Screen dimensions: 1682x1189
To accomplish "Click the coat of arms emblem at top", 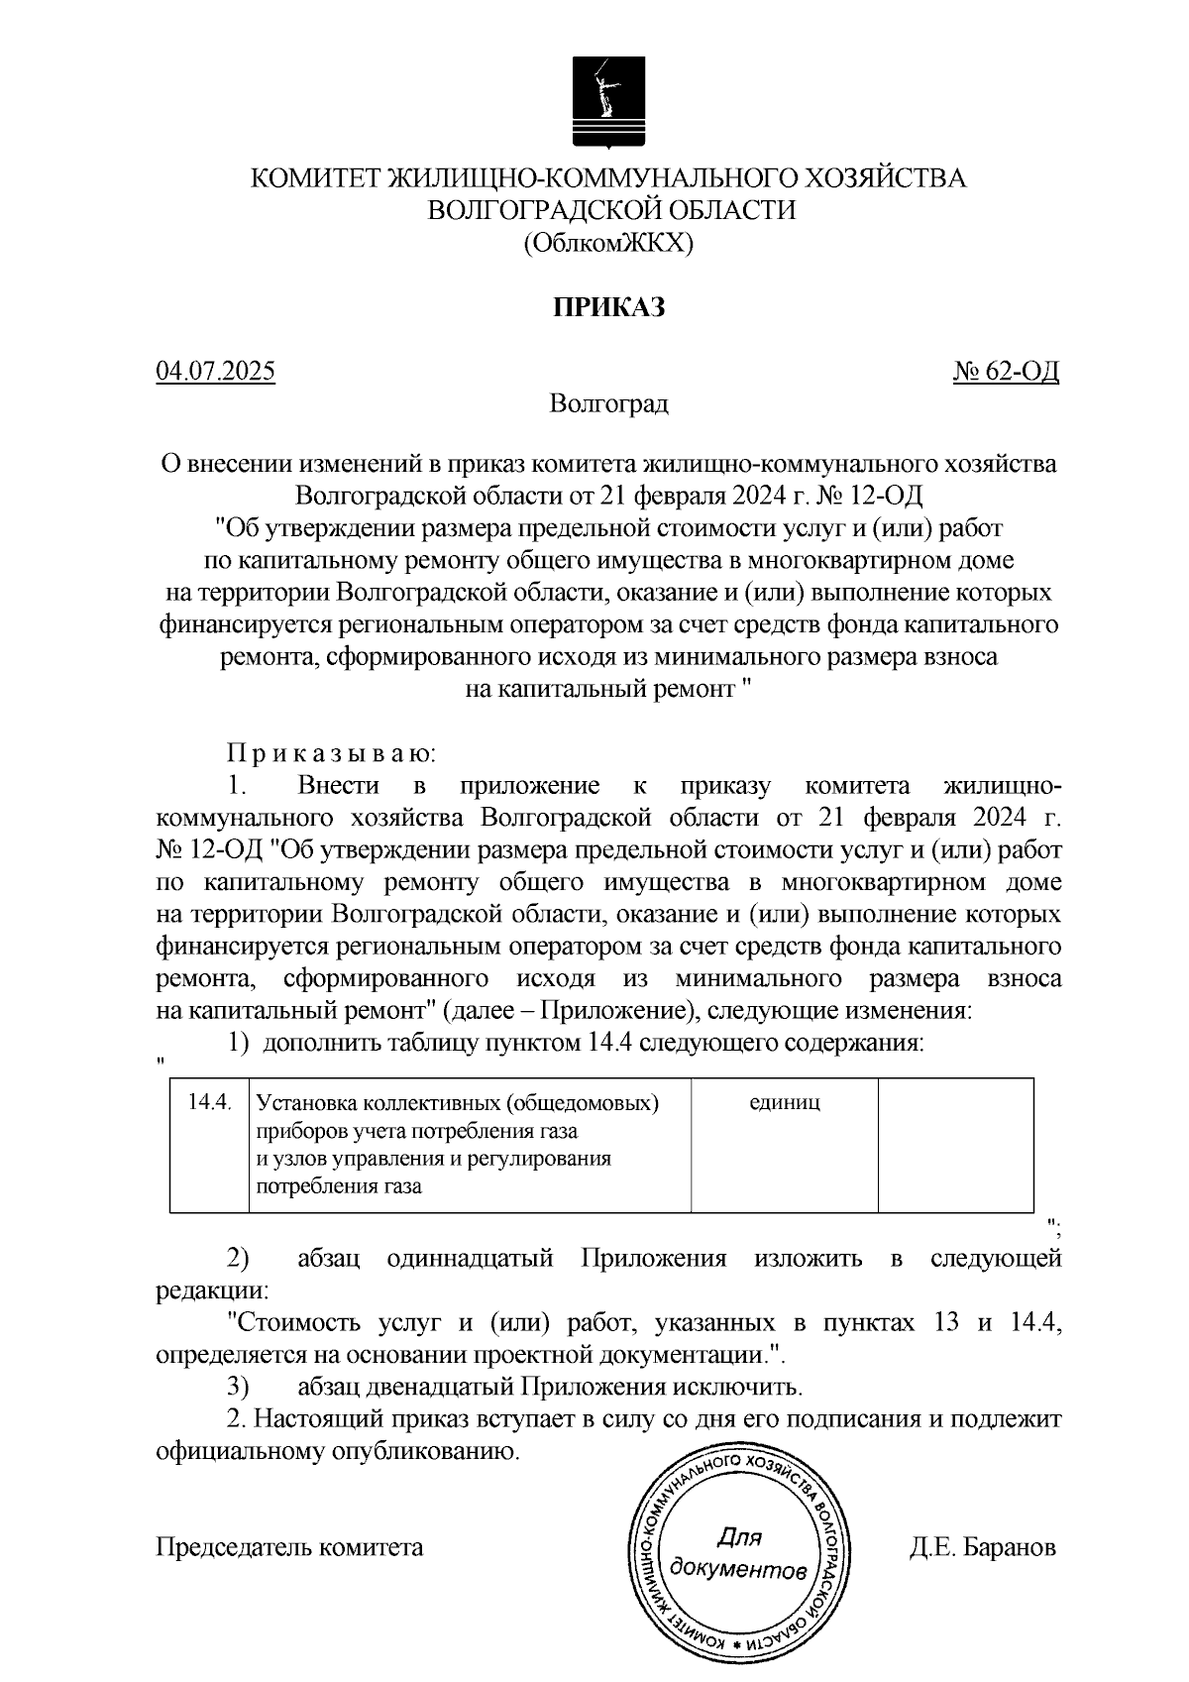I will [607, 101].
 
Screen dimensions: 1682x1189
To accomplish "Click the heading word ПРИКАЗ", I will [607, 307].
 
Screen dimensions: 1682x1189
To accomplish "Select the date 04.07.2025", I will [215, 372].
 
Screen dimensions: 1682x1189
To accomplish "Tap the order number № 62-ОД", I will [1006, 372].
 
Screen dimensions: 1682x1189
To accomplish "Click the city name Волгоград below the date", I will [608, 403].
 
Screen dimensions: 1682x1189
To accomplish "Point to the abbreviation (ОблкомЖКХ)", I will [607, 243].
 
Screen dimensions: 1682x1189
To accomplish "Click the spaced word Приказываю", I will [331, 754].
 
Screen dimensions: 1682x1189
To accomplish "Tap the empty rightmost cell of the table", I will [955, 1144].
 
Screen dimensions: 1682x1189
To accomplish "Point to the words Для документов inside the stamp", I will [738, 1554].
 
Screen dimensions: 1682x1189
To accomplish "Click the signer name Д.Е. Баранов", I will [982, 1547].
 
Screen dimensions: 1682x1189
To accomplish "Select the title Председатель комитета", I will [289, 1547].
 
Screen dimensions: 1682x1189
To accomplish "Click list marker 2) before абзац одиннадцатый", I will [238, 1260].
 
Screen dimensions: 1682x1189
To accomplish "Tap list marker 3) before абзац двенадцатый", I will [238, 1387].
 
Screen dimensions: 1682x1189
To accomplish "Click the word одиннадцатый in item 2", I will [470, 1260].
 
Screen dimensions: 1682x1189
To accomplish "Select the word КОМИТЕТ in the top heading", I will [313, 179].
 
